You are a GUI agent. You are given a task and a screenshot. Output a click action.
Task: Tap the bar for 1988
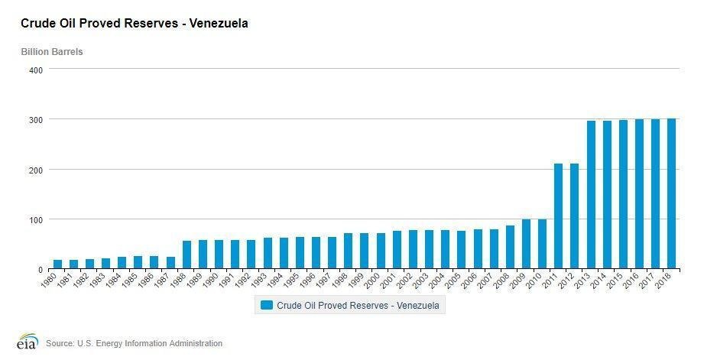tap(187, 255)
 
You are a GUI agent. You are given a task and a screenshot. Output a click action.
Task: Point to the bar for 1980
tap(58, 264)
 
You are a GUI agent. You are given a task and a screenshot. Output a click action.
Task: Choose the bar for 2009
tap(527, 245)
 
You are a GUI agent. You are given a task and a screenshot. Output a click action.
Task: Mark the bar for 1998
tap(348, 251)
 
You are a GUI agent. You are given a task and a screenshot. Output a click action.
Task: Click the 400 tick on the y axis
tap(34, 70)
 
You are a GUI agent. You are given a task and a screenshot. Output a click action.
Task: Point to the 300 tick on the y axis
tap(34, 119)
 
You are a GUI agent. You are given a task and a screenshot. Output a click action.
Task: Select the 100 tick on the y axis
tap(34, 219)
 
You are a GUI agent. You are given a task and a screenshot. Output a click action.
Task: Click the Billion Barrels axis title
tap(52, 52)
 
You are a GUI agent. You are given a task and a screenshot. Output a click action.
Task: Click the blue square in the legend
tap(266, 305)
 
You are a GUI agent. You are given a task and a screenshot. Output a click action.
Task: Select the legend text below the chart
tap(358, 305)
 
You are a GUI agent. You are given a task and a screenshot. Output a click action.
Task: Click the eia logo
tap(28, 342)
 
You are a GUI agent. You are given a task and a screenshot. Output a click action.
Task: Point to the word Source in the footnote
tap(60, 343)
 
